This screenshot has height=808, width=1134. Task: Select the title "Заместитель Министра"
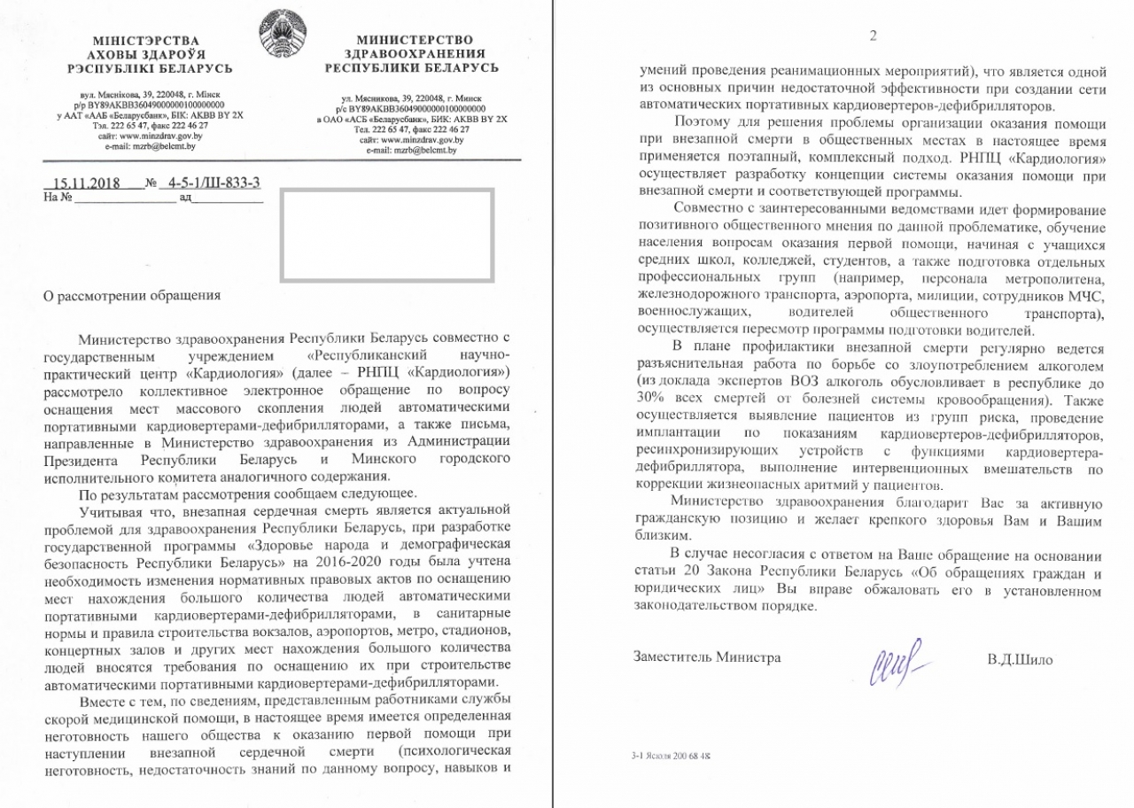tap(707, 657)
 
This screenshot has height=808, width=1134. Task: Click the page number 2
tap(873, 35)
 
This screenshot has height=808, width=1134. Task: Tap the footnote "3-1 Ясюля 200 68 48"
tap(672, 757)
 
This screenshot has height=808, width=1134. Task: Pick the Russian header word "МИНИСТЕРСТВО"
tap(415, 40)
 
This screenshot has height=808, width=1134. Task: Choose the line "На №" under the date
tap(57, 198)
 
